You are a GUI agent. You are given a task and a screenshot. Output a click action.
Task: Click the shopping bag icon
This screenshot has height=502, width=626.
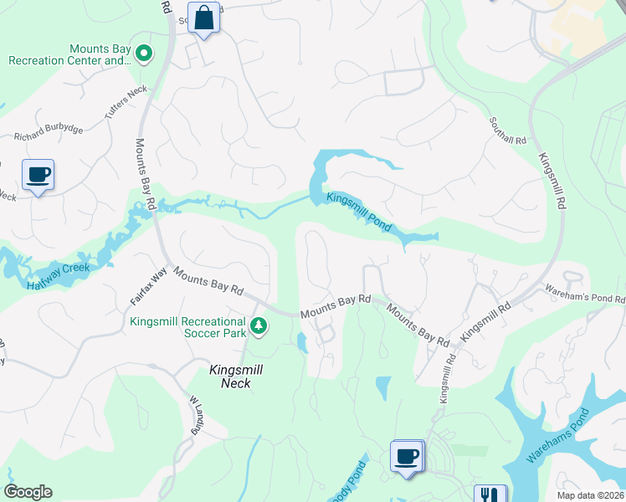tap(204, 18)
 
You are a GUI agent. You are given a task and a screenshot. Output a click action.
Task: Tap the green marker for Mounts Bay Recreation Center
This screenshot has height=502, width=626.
tap(144, 54)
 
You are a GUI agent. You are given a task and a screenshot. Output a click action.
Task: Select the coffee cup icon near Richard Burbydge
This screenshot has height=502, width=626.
tap(38, 175)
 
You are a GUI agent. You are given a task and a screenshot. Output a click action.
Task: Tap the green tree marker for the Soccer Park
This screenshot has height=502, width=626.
tap(259, 325)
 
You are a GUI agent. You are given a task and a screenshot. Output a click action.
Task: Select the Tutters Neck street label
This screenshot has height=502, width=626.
tap(126, 102)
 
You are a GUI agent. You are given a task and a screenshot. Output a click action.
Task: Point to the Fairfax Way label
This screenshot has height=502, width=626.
tap(148, 285)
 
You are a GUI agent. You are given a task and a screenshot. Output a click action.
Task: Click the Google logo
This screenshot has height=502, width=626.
tap(28, 492)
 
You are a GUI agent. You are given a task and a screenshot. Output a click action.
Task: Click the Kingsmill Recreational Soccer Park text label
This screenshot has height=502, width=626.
tap(187, 326)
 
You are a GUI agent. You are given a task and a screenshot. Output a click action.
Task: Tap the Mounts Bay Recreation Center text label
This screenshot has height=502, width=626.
tap(70, 54)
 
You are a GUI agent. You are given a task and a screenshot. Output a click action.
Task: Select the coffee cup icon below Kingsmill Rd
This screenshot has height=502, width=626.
tap(407, 457)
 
